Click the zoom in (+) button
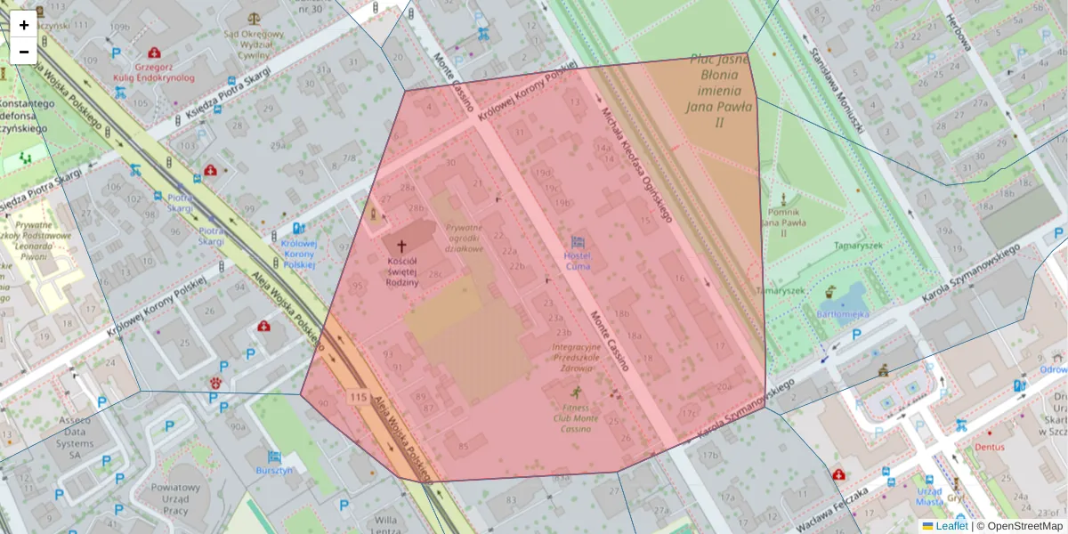point(24,25)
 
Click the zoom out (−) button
point(24,52)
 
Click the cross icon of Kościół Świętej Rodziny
point(401,246)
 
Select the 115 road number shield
point(359,397)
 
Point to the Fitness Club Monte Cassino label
point(574,418)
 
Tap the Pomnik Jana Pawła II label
point(784,221)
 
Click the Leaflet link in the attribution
point(951,526)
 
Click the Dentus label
point(990,447)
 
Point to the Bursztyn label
point(273,470)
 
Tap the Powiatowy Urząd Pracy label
point(175,499)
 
